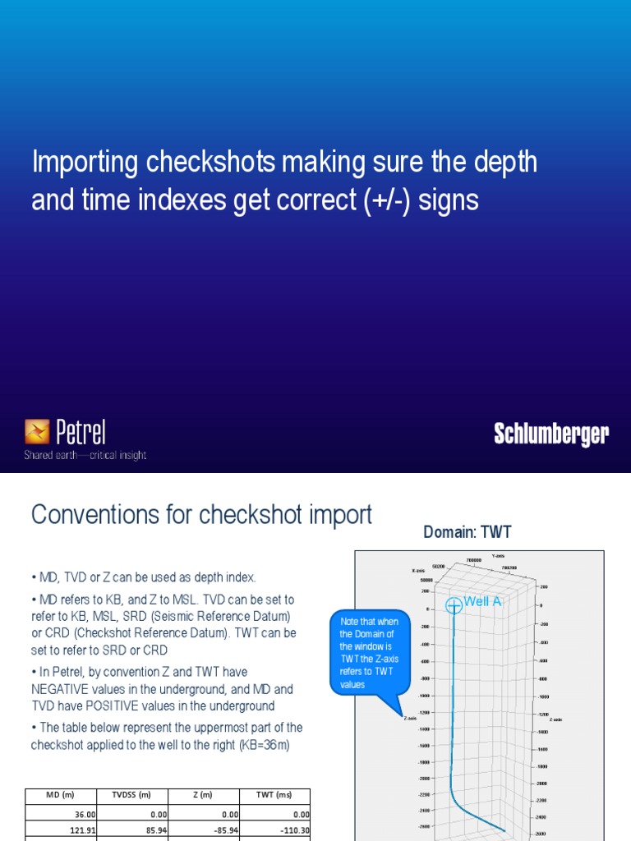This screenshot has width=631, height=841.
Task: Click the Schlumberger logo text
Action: coord(551,434)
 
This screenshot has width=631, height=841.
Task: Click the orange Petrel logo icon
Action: coord(37,431)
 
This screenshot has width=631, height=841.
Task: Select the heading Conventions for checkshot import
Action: coord(201,515)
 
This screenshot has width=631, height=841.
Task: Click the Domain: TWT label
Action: coord(467,532)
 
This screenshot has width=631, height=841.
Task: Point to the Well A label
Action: coord(482,601)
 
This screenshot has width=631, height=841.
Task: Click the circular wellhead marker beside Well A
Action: coord(454,606)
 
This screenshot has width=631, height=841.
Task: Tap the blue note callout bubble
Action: coord(369,653)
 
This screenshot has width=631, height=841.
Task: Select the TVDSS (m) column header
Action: coord(131,795)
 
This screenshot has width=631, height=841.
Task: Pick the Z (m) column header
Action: coord(204,795)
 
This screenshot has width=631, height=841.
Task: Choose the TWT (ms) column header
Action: coord(276,795)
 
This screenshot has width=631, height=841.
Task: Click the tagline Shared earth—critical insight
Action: coord(85,455)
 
